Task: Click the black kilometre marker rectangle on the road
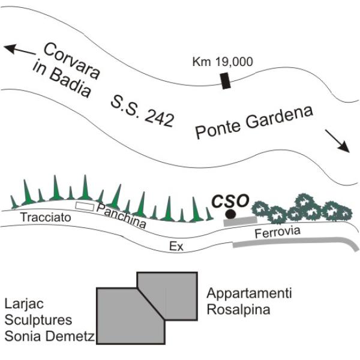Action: coord(226,80)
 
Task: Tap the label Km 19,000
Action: coord(223,62)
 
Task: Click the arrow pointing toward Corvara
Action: coord(20,50)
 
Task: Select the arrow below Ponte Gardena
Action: coord(337,141)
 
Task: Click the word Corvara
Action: coord(72,61)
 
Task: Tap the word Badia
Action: coord(70,83)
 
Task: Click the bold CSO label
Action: coord(230,200)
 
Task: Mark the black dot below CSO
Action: coord(230,214)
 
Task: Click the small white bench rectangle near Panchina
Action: coord(85,206)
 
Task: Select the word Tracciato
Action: coord(46,217)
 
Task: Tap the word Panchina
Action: coord(121,216)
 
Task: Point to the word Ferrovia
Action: coord(278,232)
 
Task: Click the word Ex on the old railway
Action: coord(176,247)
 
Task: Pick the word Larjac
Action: coord(24,304)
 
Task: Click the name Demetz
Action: coord(70,337)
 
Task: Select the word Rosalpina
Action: coord(238,309)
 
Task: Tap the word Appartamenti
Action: coord(249,293)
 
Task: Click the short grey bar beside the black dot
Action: coord(240,221)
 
